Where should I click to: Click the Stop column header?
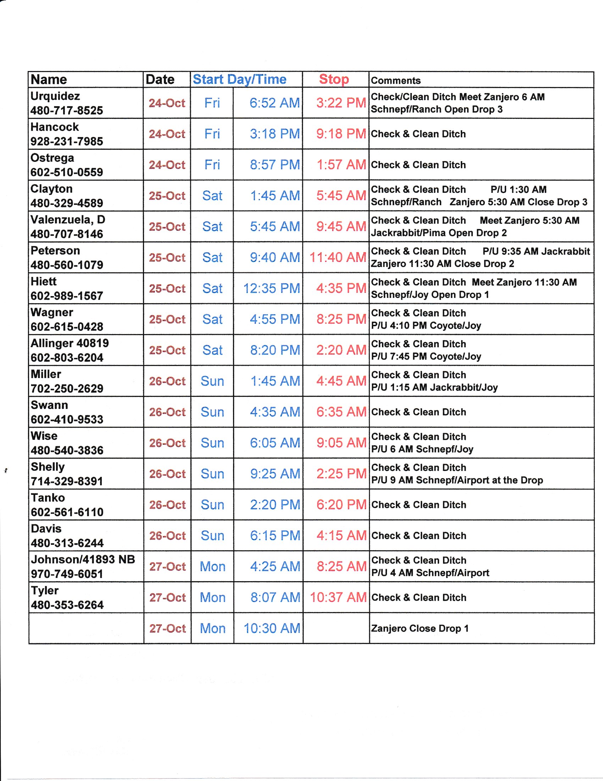click(x=334, y=79)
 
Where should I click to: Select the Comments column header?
click(x=395, y=81)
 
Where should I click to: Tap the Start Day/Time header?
click(x=239, y=79)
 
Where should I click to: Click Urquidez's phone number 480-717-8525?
click(x=67, y=110)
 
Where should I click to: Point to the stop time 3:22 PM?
click(x=341, y=103)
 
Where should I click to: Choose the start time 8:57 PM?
click(x=275, y=165)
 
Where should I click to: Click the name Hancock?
click(x=55, y=127)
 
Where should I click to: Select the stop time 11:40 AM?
click(x=338, y=257)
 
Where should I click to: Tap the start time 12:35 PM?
click(x=271, y=288)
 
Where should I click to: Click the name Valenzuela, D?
click(x=68, y=219)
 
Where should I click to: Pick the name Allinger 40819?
click(x=70, y=343)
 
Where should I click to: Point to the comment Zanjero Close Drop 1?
click(x=420, y=628)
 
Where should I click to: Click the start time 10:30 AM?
click(x=272, y=628)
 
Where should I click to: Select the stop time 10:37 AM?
click(x=338, y=597)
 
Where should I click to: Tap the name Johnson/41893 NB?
click(x=83, y=559)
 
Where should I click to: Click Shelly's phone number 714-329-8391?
click(x=67, y=481)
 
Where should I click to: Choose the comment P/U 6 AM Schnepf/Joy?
click(x=422, y=449)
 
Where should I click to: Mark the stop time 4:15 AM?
click(x=341, y=535)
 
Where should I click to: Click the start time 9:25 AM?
click(x=275, y=474)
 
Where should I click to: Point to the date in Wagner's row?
click(x=167, y=319)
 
